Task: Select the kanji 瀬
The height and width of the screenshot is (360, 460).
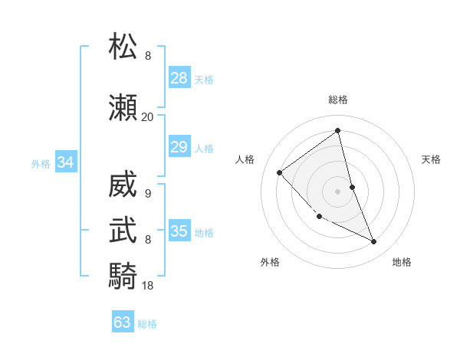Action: coord(123,108)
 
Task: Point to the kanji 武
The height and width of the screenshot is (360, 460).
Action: coord(123,230)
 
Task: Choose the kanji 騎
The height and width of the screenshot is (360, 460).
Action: coord(123,274)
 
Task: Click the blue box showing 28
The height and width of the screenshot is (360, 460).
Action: coord(179,78)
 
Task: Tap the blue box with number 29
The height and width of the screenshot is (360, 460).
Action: coord(179,147)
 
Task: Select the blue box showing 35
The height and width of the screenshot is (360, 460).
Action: coord(179,231)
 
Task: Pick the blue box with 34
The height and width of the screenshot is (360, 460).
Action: coord(65,162)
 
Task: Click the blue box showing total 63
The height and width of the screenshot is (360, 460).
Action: coord(123,322)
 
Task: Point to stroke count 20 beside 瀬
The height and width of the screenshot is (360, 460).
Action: coord(147,117)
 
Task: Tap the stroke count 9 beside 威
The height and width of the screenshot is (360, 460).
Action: coord(147,194)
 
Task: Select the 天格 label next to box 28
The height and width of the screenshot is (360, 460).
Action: coord(204,79)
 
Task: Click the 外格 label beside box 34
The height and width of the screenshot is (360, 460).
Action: coord(41,163)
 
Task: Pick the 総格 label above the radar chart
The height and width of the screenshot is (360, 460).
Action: coord(338,100)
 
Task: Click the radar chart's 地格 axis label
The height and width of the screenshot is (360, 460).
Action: coord(402,262)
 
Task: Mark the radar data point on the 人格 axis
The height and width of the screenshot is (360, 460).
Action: coord(280,172)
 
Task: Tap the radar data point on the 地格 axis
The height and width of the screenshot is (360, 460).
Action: coord(373,241)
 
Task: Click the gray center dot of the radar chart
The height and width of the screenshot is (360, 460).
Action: coord(337,191)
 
